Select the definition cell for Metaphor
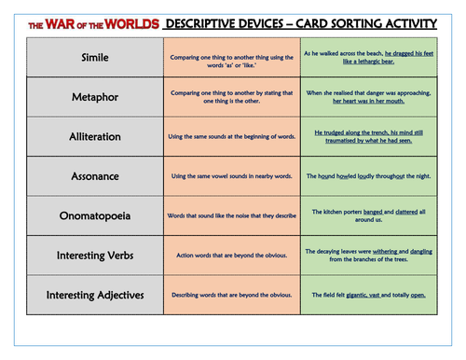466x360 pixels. pos(232,97)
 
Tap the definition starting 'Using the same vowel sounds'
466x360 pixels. pos(232,175)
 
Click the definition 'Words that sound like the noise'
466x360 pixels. pos(232,215)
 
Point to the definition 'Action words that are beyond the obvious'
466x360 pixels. pos(232,255)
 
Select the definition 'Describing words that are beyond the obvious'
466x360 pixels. pos(232,295)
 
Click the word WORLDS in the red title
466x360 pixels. pos(130,21)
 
